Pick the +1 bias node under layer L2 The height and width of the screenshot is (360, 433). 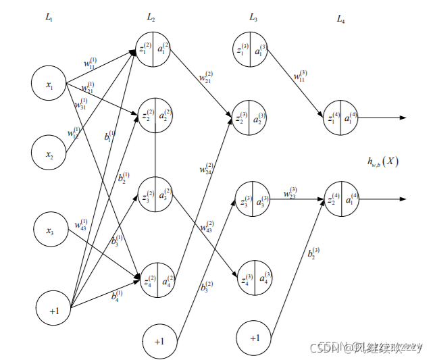(159, 342)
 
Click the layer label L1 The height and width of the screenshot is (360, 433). (49, 18)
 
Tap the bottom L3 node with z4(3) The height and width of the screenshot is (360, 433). (251, 278)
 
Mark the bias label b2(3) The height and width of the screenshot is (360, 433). (313, 253)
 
